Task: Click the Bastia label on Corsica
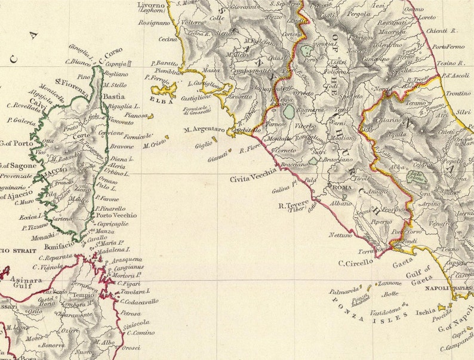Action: pos(114,96)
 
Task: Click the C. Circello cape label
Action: pos(356,261)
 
